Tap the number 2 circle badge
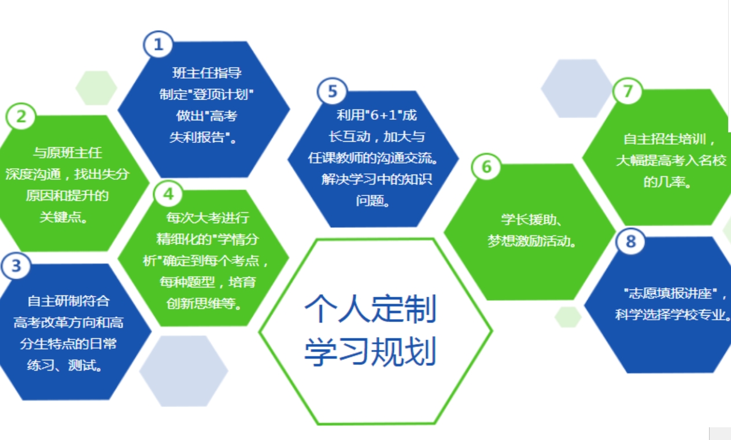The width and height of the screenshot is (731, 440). tap(21, 117)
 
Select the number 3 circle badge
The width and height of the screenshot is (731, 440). tap(16, 266)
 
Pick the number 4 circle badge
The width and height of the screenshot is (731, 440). tap(168, 194)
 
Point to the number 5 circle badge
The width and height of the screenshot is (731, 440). tap(332, 92)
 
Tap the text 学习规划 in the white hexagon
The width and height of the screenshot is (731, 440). tap(370, 351)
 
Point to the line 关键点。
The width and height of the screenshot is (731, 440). tap(64, 217)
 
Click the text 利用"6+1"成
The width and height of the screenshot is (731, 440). tap(376, 116)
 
